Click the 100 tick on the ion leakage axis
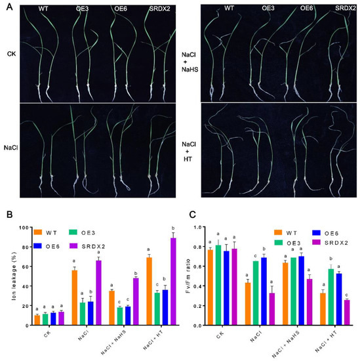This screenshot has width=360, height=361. (24, 228)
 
